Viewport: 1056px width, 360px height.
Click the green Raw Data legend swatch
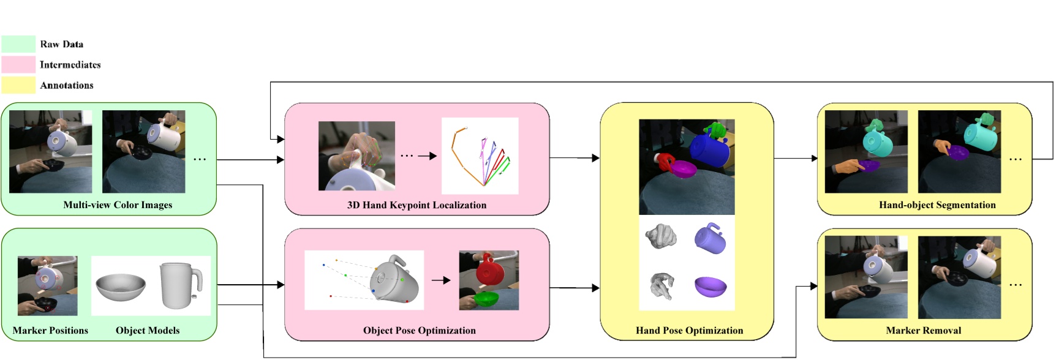18,44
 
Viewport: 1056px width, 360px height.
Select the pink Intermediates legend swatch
18,65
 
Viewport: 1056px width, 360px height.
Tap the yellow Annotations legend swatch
18,85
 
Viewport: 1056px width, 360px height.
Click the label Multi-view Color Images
118,205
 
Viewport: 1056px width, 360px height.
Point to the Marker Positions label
50,331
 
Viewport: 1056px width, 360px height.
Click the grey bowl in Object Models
121,287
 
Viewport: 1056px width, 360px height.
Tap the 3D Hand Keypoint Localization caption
417,205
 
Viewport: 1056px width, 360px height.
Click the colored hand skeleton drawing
480,157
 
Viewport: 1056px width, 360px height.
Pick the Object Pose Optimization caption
419,331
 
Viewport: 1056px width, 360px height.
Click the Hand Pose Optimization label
689,331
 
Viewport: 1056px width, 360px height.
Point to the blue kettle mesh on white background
711,238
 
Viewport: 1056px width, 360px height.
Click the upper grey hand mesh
662,236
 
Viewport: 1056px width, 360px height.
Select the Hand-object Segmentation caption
937,205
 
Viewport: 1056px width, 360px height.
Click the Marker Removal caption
923,331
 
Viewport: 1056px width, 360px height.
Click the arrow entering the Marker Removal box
812,286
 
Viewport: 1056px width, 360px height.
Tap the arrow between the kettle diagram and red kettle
441,280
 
